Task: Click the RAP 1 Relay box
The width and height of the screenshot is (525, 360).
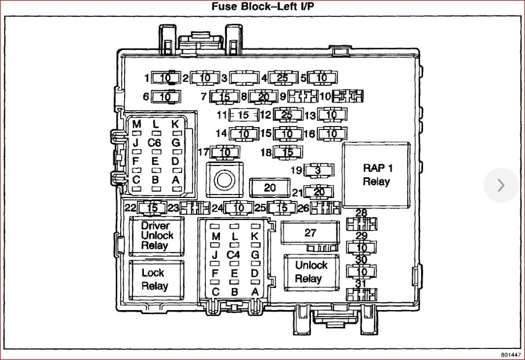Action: pos(378,175)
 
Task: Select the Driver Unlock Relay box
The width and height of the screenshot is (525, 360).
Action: pos(156,235)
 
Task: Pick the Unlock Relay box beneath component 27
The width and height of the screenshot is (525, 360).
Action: pos(311,272)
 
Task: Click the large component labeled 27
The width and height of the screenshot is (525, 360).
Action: pos(310,232)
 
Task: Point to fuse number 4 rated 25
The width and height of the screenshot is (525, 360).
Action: pos(283,77)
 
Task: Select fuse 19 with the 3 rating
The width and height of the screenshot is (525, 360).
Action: pos(318,171)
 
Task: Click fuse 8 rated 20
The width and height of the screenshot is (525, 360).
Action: pos(264,97)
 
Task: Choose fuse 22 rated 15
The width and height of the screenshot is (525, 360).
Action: pos(153,207)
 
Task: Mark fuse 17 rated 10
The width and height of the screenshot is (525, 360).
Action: pos(225,153)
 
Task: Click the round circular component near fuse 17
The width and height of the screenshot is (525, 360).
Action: pos(224,181)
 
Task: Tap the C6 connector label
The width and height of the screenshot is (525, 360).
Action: pos(154,142)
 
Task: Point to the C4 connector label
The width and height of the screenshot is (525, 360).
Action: pos(234,254)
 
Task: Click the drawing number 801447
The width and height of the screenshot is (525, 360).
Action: pos(509,354)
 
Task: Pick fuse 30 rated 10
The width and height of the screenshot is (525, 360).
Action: pos(361,271)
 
